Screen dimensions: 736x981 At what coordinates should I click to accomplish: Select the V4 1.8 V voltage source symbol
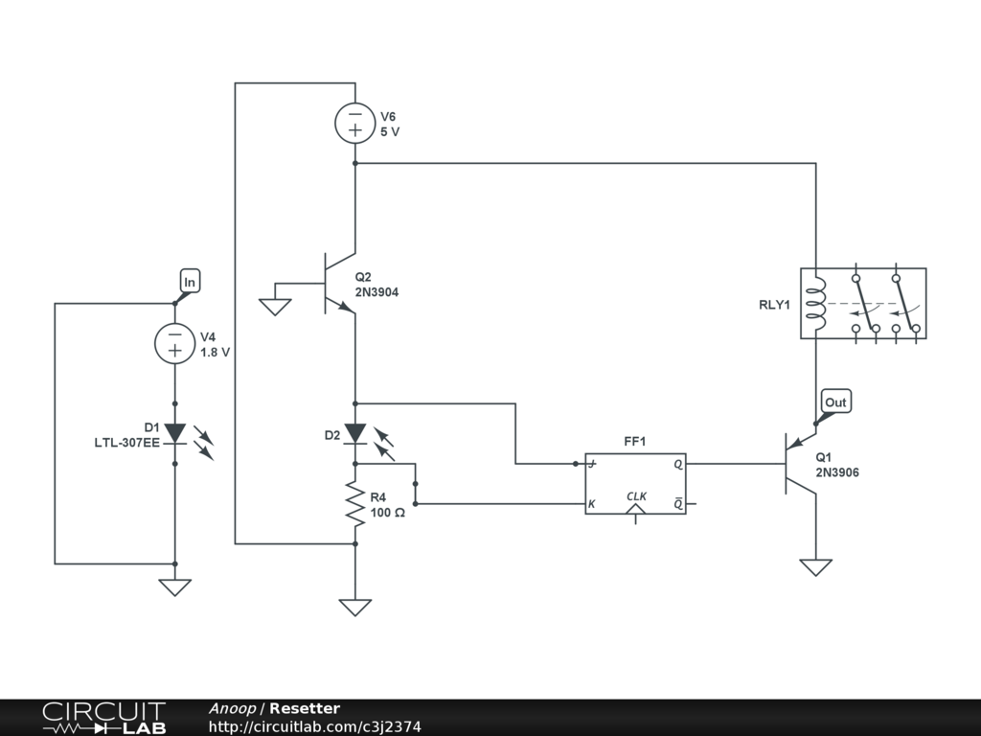(x=175, y=344)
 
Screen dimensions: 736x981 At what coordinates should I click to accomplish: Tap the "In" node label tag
(x=189, y=282)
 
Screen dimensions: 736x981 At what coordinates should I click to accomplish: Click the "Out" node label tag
(x=835, y=402)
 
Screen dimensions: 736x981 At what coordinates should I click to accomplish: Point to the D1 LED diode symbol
(x=175, y=434)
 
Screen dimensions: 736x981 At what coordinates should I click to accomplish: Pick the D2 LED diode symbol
(x=355, y=434)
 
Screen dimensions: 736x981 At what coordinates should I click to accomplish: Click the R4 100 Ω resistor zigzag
(x=355, y=505)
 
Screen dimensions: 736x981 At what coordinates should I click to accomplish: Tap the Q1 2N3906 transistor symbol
(x=795, y=464)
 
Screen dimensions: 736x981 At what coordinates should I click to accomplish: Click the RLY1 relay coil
(x=816, y=302)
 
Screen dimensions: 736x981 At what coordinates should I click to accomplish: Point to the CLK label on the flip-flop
(x=637, y=496)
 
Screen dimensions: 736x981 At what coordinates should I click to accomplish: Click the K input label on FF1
(x=592, y=504)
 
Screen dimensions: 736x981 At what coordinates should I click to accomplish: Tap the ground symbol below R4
(x=355, y=607)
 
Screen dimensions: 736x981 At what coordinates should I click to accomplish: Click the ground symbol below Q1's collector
(x=816, y=567)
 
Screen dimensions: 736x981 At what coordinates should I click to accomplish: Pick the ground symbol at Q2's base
(x=275, y=306)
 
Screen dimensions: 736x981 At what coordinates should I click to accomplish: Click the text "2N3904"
(x=376, y=293)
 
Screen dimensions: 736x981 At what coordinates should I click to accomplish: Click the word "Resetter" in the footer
(x=305, y=709)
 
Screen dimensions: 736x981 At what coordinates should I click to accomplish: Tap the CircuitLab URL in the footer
(x=314, y=727)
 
